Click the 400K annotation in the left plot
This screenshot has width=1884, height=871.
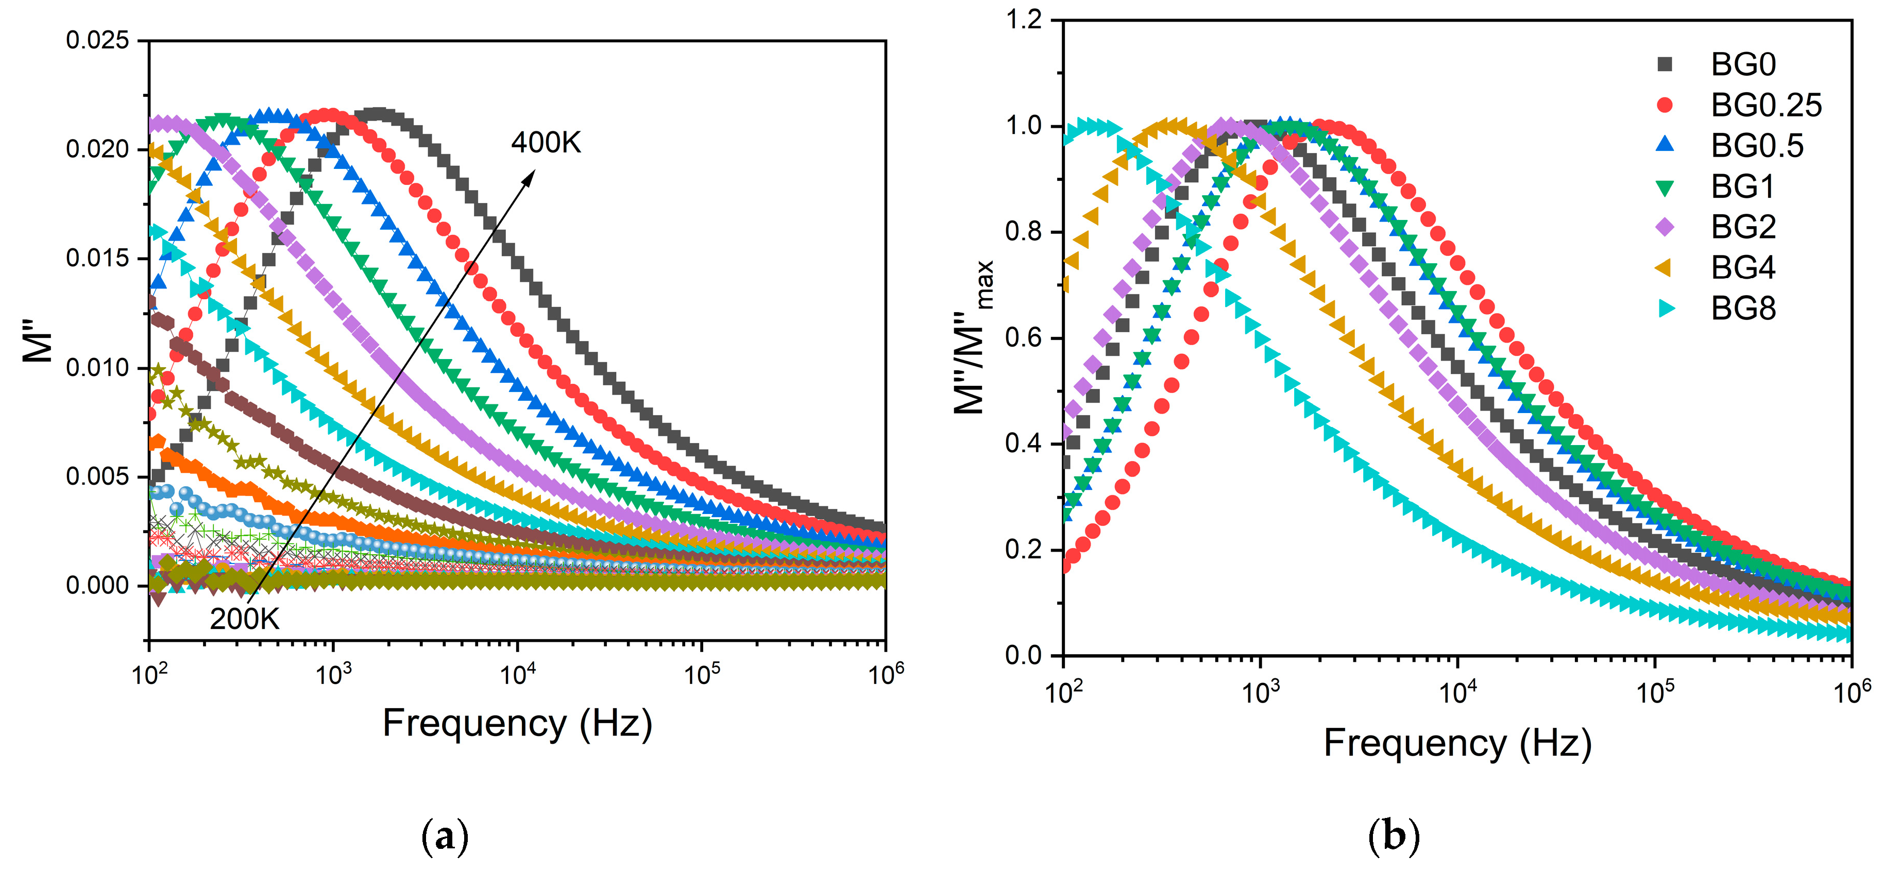pos(546,143)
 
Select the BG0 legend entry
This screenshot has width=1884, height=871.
pos(1742,65)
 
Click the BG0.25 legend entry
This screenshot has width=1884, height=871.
pos(1766,106)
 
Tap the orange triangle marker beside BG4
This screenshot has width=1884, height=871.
pos(1665,268)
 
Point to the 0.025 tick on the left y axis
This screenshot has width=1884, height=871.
pos(97,40)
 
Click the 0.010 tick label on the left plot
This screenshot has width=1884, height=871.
pos(97,367)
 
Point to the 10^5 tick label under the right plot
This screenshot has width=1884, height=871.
pos(1654,691)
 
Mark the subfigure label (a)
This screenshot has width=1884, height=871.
pos(445,836)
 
